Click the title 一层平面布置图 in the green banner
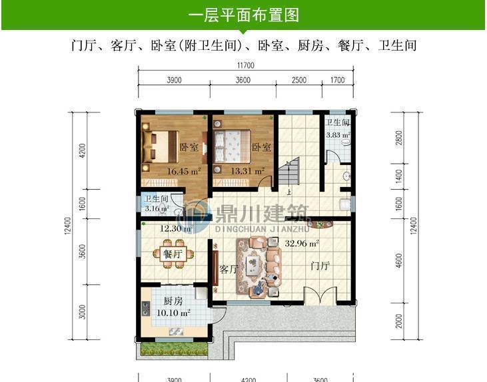[x=243, y=14]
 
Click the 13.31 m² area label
[x=247, y=171]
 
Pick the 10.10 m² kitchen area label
[x=173, y=312]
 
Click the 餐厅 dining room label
[x=172, y=254]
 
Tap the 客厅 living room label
[x=229, y=270]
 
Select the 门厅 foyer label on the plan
[x=320, y=266]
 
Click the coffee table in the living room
[x=255, y=265]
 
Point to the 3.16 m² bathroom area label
[x=157, y=208]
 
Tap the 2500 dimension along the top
[x=299, y=80]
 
